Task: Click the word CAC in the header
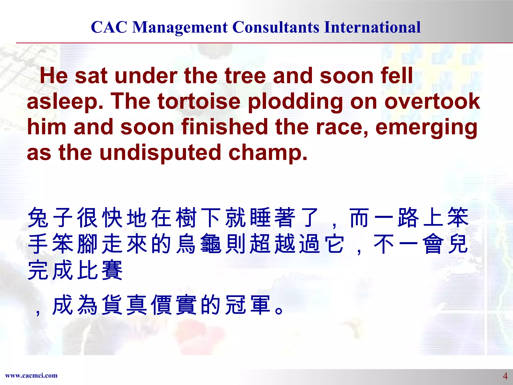coord(109,27)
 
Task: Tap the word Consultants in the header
coord(276,27)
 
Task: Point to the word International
coord(372,27)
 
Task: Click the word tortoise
coord(199,101)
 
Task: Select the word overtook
coord(432,101)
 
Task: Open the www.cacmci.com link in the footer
coord(31,375)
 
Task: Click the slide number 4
coord(505,376)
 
